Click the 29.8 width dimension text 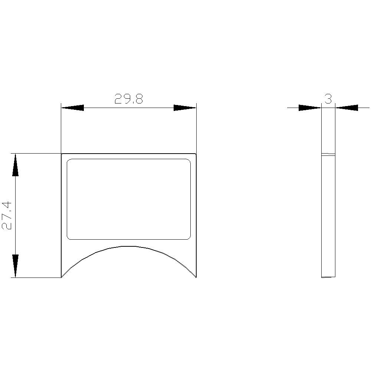(129, 99)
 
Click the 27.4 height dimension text (6, 216)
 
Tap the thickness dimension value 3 (328, 99)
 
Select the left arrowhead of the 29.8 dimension (72, 108)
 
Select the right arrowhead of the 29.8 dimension (185, 108)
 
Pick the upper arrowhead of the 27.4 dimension (15, 165)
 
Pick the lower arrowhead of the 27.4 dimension (15, 266)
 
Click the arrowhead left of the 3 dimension (310, 108)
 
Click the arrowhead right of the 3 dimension (347, 108)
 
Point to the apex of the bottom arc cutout (129, 246)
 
